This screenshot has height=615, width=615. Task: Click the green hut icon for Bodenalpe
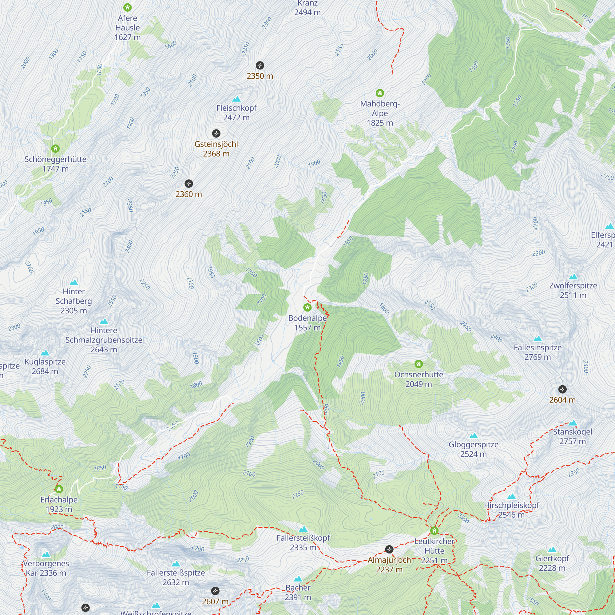click(x=307, y=307)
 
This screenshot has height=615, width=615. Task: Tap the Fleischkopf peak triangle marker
click(x=236, y=99)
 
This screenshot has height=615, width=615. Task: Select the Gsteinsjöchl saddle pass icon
click(x=216, y=133)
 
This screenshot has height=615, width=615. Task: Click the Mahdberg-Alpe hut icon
click(x=379, y=93)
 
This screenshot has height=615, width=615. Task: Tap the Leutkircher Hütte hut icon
click(x=434, y=531)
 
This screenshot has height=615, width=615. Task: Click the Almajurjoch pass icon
click(x=389, y=549)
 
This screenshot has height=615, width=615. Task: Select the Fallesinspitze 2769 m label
click(x=537, y=352)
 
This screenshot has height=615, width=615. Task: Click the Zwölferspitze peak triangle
click(x=573, y=277)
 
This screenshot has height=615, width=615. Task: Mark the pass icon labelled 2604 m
click(x=562, y=389)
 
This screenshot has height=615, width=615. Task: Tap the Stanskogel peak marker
click(x=572, y=423)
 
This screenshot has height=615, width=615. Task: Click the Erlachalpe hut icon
click(x=59, y=489)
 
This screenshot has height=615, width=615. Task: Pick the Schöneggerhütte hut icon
click(x=55, y=149)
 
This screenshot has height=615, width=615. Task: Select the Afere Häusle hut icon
click(x=127, y=7)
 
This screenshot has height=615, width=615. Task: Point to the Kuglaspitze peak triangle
click(x=45, y=353)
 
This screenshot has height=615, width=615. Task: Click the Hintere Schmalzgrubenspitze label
click(x=104, y=340)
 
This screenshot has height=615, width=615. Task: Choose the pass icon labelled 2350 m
click(x=260, y=65)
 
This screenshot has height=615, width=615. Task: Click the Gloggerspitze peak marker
click(x=473, y=435)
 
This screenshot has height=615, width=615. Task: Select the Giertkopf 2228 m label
click(x=552, y=563)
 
